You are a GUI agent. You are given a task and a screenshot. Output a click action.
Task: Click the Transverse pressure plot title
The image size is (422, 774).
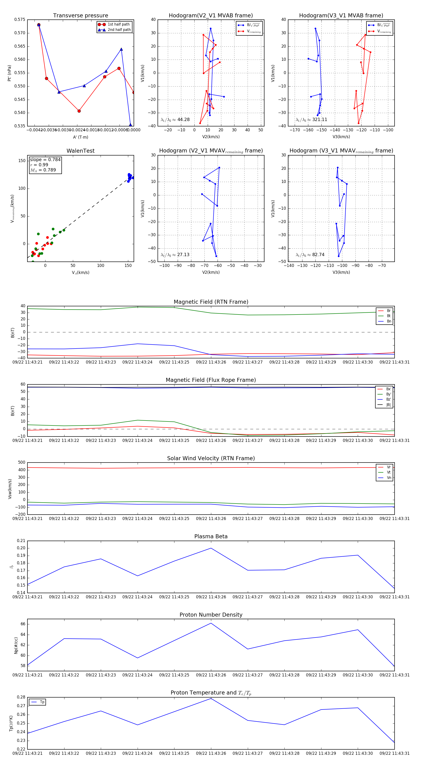pyautogui.click(x=80, y=16)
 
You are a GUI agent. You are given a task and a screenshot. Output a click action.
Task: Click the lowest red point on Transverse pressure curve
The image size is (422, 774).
pyautogui.click(x=79, y=111)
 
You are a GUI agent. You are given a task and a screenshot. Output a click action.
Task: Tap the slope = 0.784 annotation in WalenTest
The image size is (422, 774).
pyautogui.click(x=45, y=159)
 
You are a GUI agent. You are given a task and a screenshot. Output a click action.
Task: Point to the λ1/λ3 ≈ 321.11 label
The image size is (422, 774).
pyautogui.click(x=311, y=120)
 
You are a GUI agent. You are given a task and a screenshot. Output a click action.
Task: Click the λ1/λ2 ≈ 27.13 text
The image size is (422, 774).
pyautogui.click(x=175, y=255)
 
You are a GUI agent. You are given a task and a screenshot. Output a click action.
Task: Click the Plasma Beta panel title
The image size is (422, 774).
pyautogui.click(x=211, y=536)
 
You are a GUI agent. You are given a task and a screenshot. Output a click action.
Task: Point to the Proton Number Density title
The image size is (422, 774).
pyautogui.click(x=211, y=615)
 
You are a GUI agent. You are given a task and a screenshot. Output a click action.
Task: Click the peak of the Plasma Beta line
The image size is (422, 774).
pyautogui.click(x=211, y=548)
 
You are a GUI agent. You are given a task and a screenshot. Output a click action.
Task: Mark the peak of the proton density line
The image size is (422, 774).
pyautogui.click(x=211, y=623)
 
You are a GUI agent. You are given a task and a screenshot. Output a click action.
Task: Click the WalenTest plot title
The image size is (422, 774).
pyautogui.click(x=80, y=151)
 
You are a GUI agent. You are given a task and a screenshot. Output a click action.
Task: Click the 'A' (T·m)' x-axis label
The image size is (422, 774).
pyautogui.click(x=80, y=137)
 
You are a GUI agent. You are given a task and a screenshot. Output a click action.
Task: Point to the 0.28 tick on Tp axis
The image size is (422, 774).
pyautogui.click(x=21, y=697)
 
